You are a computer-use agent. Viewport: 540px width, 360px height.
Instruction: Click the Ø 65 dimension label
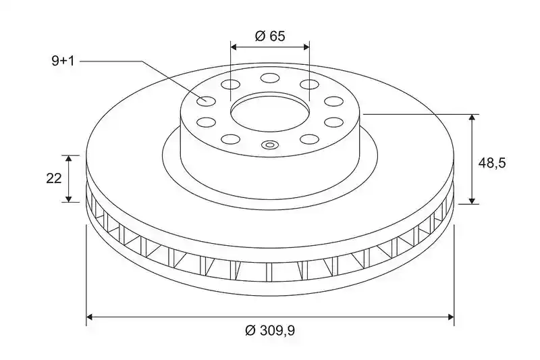(270, 36)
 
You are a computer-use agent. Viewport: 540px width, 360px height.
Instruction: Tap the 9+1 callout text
(63, 61)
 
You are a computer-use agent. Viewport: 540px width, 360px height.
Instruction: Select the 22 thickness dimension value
(54, 178)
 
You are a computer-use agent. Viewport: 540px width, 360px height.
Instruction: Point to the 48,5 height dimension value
(492, 163)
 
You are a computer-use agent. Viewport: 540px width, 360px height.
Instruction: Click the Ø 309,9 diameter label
(270, 331)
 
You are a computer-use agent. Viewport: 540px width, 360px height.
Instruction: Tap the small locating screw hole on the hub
(269, 145)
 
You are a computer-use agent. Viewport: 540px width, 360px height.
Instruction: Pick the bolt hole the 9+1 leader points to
(206, 101)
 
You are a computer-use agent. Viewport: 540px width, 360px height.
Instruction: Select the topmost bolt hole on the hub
(270, 78)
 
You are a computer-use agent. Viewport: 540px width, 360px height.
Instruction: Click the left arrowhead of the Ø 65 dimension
(234, 47)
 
